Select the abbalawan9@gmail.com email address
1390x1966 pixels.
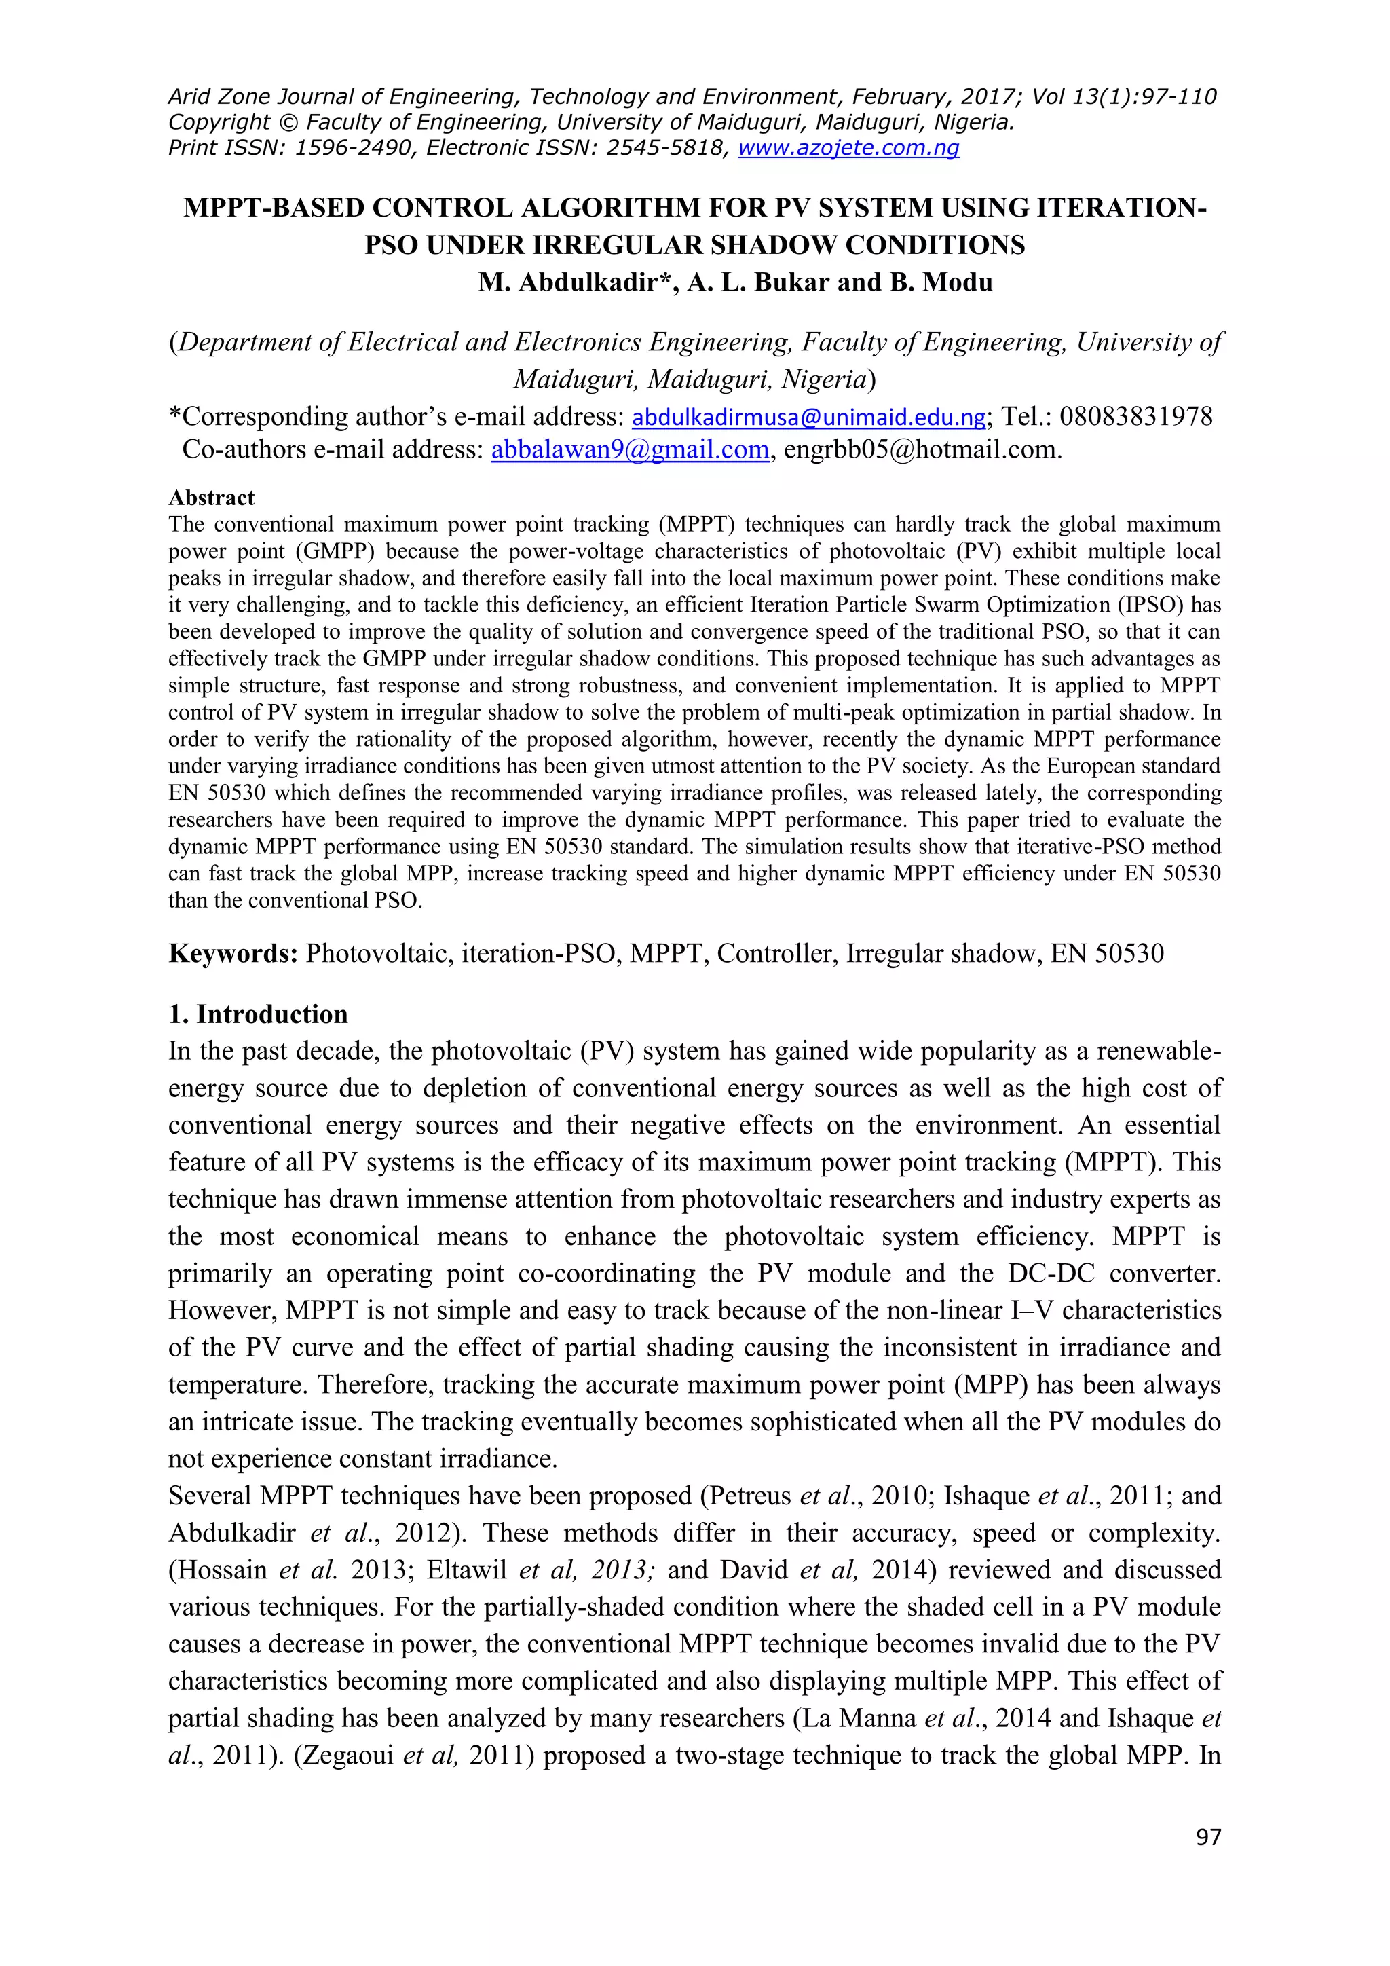tap(629, 449)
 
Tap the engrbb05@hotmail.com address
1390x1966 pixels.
tap(922, 449)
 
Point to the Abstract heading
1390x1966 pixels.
tap(211, 498)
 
